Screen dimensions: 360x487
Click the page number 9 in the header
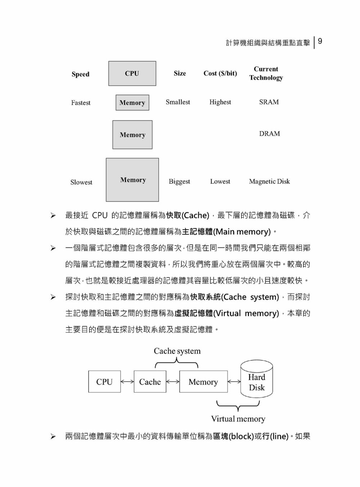pos(320,41)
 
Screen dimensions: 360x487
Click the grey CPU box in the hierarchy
pos(132,73)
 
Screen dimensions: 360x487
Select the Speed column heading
pos(80,74)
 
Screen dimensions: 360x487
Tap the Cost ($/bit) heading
pos(220,73)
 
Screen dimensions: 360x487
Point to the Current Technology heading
pos(266,73)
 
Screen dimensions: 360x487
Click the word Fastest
pos(81,103)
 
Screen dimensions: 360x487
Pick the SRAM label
pos(269,102)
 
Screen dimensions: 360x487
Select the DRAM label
pos(270,134)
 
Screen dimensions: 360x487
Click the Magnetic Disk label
pos(269,181)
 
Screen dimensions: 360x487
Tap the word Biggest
pos(179,182)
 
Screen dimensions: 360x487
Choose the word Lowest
pos(220,181)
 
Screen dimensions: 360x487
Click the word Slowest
pos(81,182)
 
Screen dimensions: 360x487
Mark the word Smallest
pos(178,102)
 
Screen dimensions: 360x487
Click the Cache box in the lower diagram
pos(150,382)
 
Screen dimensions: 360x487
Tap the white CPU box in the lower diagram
pos(104,382)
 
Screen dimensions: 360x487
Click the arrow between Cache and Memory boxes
pos(173,382)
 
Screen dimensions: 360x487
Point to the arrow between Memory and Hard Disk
pos(234,382)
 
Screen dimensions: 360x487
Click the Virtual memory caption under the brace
pos(238,419)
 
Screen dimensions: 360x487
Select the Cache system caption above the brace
pos(177,351)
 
